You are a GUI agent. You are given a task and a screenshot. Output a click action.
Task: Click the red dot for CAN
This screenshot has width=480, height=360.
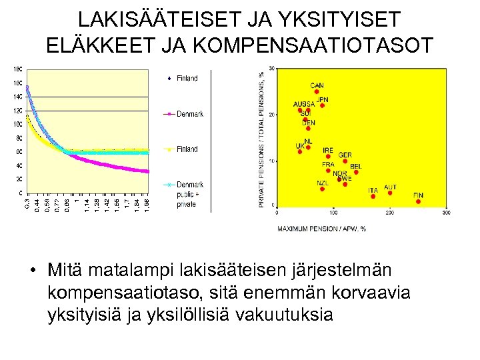click(317, 92)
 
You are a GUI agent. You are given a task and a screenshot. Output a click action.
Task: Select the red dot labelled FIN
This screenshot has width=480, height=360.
click(418, 202)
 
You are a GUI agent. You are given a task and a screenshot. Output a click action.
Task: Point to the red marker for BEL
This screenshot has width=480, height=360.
click(356, 172)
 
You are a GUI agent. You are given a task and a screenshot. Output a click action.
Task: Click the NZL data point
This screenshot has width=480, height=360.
click(322, 189)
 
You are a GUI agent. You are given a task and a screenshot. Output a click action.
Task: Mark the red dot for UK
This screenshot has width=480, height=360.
click(300, 151)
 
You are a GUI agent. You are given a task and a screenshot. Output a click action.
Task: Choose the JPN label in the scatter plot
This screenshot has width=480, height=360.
click(322, 100)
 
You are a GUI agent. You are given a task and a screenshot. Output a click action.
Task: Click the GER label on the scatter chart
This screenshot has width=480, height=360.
click(345, 155)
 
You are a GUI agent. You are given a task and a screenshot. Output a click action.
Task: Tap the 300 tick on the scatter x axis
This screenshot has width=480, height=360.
click(445, 213)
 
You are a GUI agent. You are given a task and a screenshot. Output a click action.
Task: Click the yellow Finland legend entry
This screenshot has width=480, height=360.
click(187, 149)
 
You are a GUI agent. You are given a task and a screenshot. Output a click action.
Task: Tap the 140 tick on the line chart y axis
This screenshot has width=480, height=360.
click(17, 97)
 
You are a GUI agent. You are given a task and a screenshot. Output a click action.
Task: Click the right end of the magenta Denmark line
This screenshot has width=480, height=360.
click(148, 171)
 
